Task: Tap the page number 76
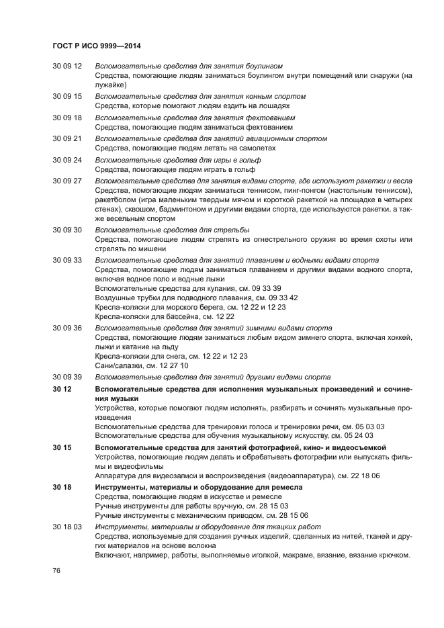(x=57, y=570)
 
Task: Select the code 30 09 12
(x=67, y=66)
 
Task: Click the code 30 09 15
(x=67, y=96)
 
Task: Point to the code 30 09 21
(x=67, y=139)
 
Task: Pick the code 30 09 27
(x=67, y=182)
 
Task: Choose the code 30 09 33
(x=67, y=260)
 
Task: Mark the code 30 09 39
(x=67, y=377)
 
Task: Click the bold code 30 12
(x=62, y=390)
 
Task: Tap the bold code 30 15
(x=62, y=446)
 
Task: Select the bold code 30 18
(x=62, y=486)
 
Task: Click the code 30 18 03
(x=67, y=527)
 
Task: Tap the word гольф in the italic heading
(x=251, y=161)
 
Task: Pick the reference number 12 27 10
(x=174, y=366)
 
